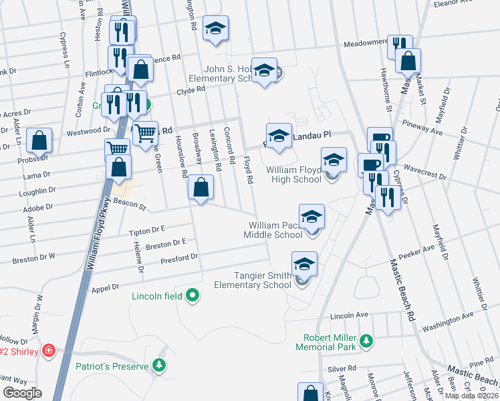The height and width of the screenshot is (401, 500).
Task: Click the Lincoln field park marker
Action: pos(193,294)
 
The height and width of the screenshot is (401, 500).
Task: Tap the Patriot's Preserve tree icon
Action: pos(158,365)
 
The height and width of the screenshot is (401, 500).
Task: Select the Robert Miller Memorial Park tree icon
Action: pos(366,341)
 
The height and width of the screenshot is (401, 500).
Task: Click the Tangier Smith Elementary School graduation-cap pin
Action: pos(304,265)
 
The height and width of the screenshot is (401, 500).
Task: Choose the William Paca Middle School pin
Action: pos(311,218)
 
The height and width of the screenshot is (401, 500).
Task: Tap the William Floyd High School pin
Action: pos(334,161)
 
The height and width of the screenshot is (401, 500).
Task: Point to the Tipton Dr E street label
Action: pos(146,231)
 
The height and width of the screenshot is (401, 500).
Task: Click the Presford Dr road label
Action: pos(180,257)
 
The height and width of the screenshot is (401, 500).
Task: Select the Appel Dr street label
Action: pos(105,287)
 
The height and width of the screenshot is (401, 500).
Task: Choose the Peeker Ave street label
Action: pos(412,255)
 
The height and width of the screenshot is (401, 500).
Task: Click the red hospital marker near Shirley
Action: pos(48,350)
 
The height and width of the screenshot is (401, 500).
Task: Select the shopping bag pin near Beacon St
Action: pos(201,188)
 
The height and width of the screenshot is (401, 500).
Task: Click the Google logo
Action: pos(22,393)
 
